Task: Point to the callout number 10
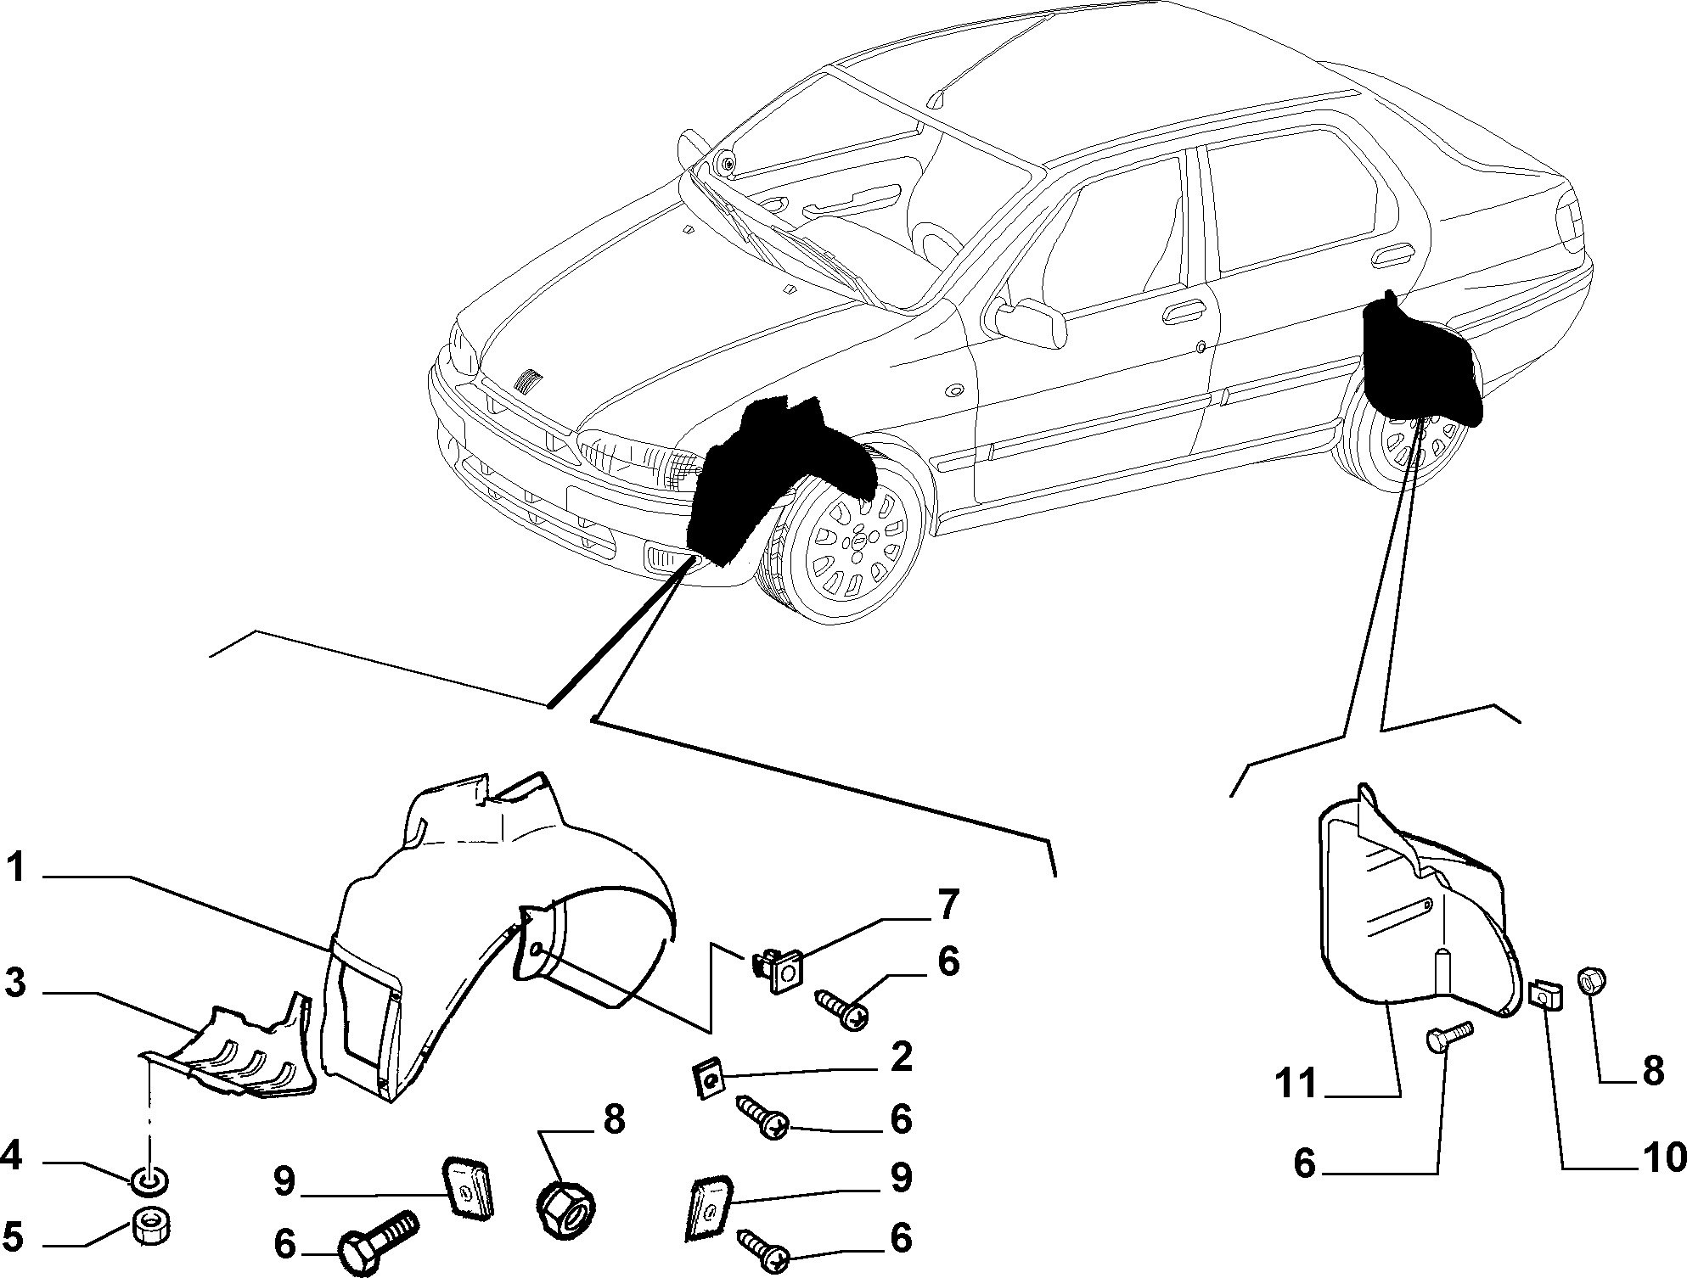click(1659, 1157)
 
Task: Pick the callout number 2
click(901, 1059)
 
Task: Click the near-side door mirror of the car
click(1030, 322)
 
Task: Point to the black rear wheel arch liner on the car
click(1421, 360)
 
